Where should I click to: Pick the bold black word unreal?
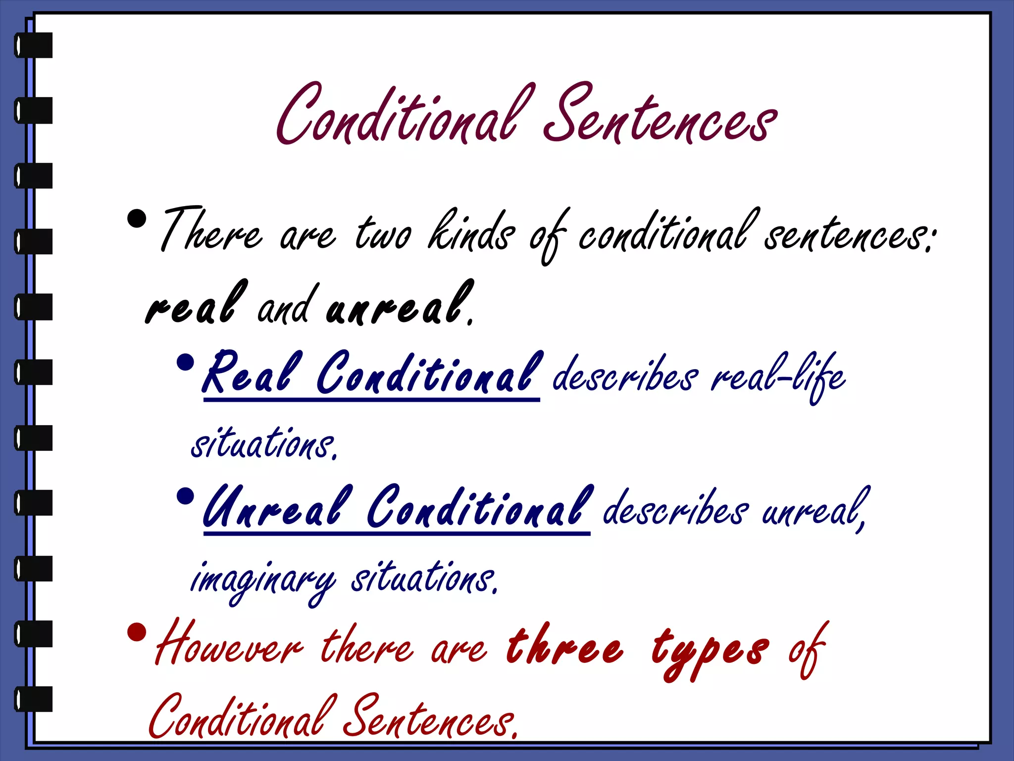399,305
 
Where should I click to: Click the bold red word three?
564,647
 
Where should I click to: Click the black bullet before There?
137,218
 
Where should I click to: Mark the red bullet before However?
137,632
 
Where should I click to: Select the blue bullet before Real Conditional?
185,362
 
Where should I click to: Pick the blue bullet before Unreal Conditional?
185,496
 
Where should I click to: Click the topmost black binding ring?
34,45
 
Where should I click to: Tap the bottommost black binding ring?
34,699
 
